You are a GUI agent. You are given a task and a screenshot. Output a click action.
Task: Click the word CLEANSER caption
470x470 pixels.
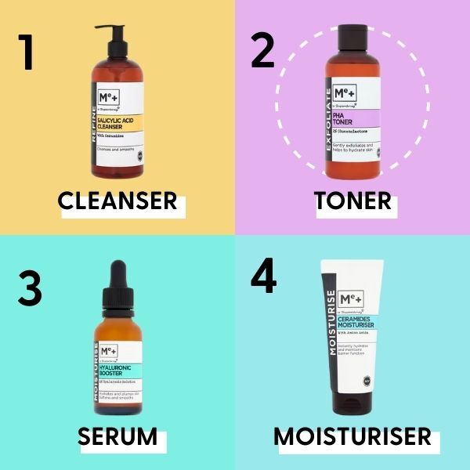117,201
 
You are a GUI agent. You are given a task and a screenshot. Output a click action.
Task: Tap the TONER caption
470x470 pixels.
352,201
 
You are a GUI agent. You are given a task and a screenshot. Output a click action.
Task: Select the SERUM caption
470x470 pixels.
117,436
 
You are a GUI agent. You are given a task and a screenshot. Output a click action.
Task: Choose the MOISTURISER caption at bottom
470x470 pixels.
352,436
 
